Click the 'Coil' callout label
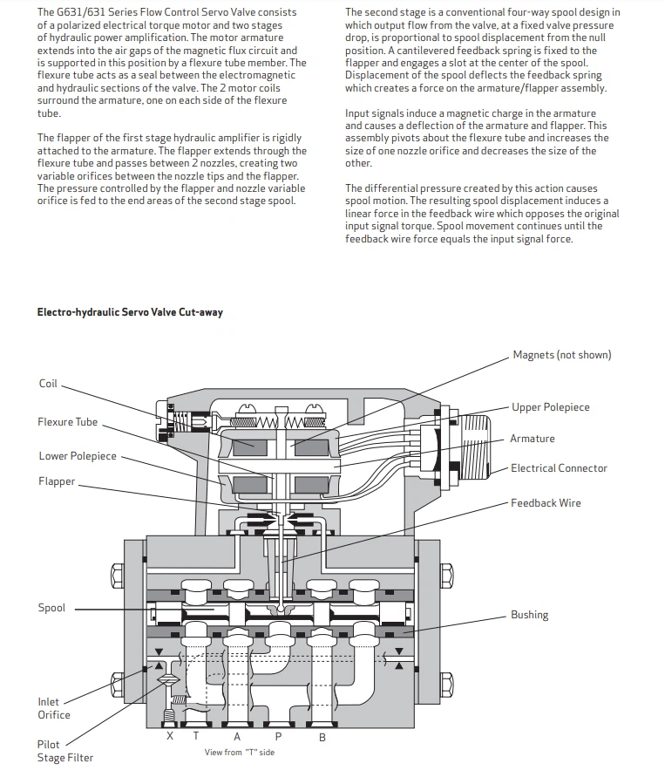click(48, 384)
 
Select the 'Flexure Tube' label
click(67, 422)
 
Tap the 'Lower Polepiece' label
click(78, 456)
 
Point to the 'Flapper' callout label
click(57, 481)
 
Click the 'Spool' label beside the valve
click(51, 608)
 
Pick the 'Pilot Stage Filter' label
click(64, 751)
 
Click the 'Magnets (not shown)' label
click(561, 355)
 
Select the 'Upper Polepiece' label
click(550, 407)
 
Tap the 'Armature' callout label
click(532, 439)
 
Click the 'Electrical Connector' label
click(559, 468)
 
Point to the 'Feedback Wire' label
click(546, 503)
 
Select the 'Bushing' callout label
click(529, 615)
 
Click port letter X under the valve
click(170, 736)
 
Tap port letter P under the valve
click(278, 737)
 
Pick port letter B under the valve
click(322, 737)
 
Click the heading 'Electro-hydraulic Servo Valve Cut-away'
click(130, 312)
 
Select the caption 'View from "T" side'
click(239, 752)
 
